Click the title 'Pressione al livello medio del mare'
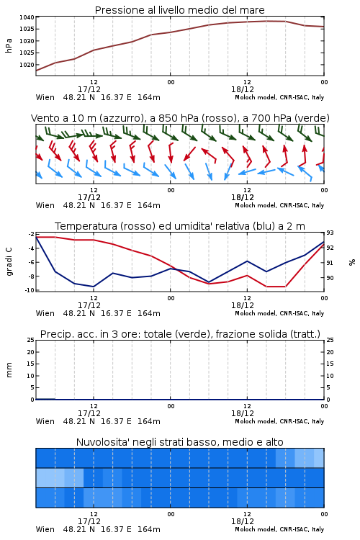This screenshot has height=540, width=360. [x=179, y=10]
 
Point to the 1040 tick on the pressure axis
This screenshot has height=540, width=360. [x=27, y=17]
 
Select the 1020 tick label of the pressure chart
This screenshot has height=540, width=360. [x=27, y=65]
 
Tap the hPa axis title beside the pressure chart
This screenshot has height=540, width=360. [x=9, y=45]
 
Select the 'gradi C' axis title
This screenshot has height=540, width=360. [x=9, y=262]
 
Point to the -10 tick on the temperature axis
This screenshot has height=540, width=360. [x=30, y=290]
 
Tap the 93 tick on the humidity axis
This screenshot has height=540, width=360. [x=330, y=233]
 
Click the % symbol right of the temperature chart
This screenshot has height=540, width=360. [x=352, y=262]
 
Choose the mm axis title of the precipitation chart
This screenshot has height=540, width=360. [x=9, y=370]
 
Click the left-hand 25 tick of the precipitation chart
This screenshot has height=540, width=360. [x=31, y=340]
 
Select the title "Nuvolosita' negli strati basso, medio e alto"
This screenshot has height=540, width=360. [x=179, y=442]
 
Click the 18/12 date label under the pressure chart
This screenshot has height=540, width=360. [x=243, y=89]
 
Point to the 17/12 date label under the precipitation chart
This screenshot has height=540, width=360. [x=89, y=413]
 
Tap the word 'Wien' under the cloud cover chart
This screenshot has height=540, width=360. [x=45, y=529]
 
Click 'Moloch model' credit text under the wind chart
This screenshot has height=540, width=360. [x=256, y=205]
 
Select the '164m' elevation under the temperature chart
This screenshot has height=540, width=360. [x=149, y=313]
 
